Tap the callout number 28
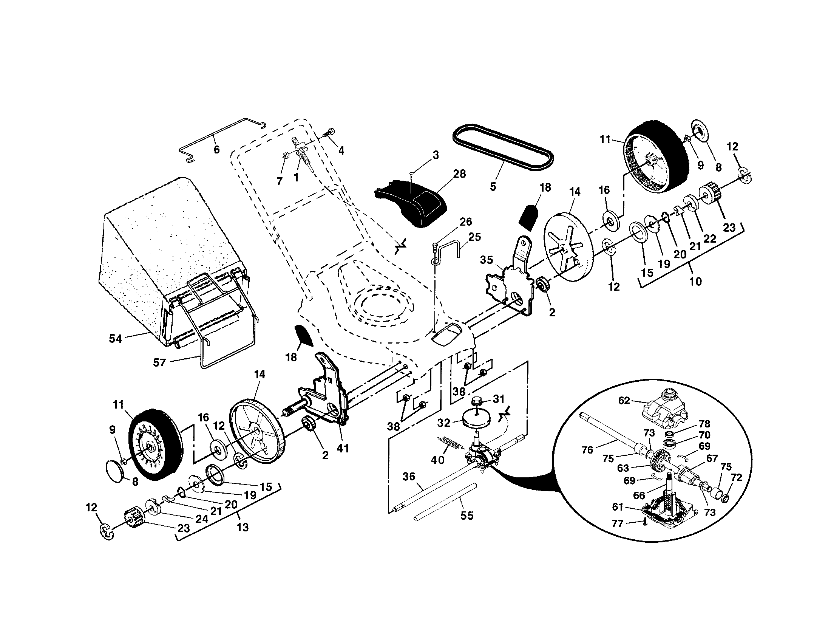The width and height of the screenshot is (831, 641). tap(460, 174)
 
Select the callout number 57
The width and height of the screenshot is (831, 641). tap(159, 362)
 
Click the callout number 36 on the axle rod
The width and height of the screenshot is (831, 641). tap(409, 477)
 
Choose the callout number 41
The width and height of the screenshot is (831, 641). tap(343, 448)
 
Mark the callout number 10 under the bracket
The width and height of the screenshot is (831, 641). tap(695, 282)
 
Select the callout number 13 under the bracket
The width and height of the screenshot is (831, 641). tap(243, 527)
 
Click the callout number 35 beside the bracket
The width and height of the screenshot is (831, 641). tap(486, 260)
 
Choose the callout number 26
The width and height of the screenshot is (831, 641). tap(466, 221)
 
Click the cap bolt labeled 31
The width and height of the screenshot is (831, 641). tap(476, 401)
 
